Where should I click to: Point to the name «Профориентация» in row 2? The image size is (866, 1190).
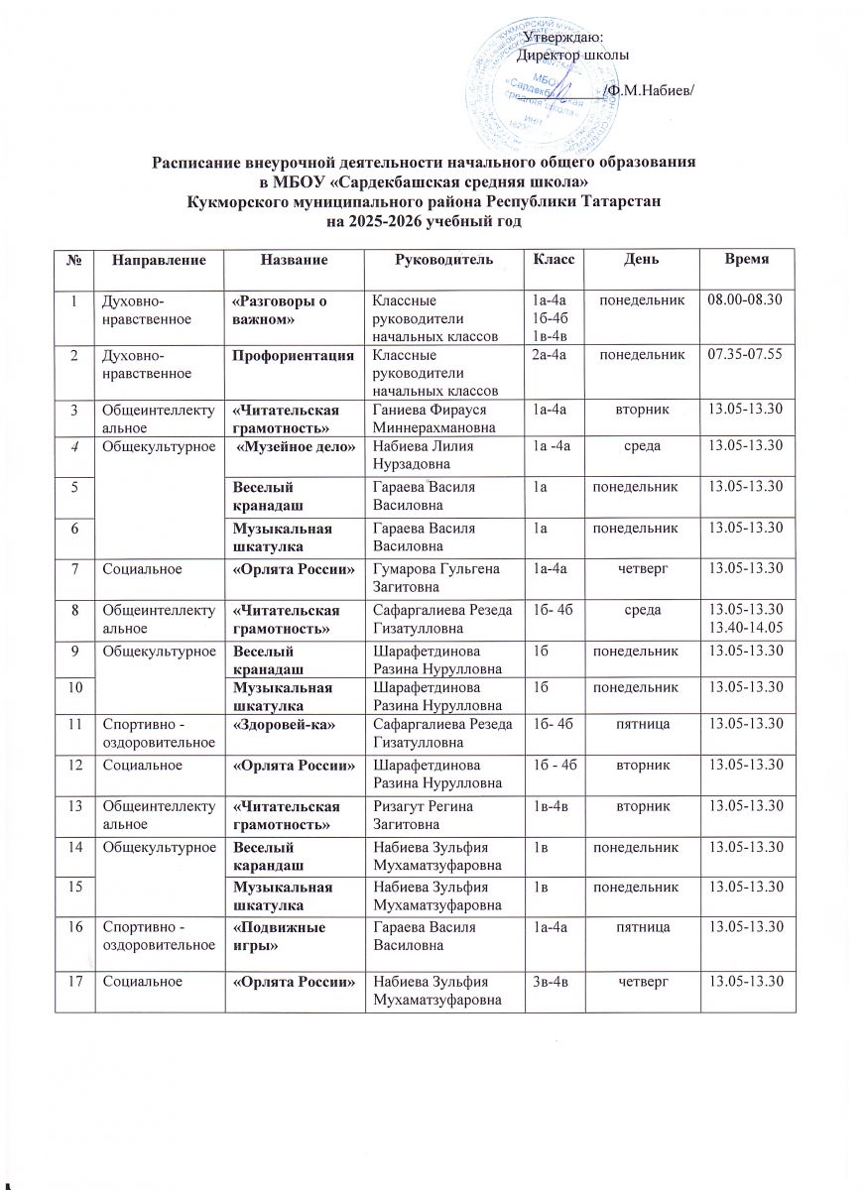[287, 354]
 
